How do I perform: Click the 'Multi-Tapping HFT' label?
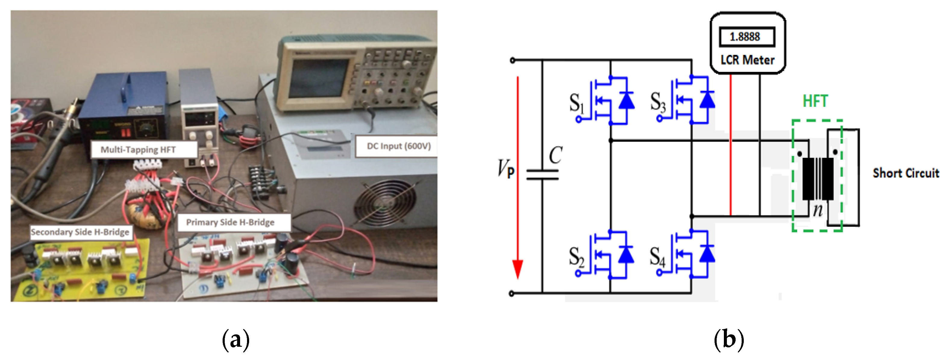pos(138,150)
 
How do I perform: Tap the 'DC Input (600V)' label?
pos(399,146)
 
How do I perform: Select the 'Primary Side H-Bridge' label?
pos(230,222)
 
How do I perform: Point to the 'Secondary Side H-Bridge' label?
pos(80,232)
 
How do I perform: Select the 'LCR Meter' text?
pos(747,60)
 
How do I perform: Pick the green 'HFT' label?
pos(815,101)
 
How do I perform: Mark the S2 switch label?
pos(576,257)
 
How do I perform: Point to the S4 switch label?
pos(657,257)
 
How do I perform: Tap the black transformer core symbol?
pos(818,179)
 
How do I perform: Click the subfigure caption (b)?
pos(729,340)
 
